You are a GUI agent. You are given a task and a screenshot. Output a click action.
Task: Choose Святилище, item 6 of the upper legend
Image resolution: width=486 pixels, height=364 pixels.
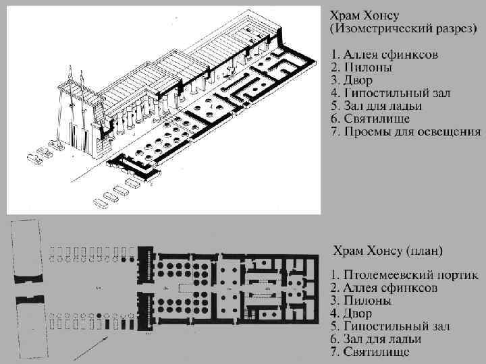(x=378, y=119)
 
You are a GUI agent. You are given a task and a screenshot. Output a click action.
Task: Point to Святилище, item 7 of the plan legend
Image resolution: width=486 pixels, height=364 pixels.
(x=378, y=353)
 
